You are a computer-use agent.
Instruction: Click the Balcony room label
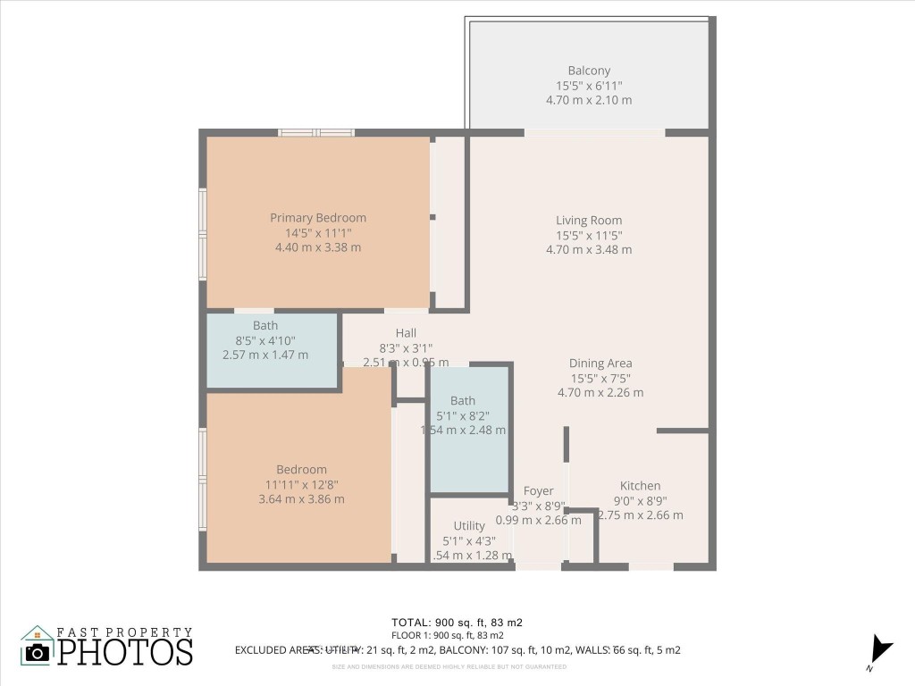pos(589,71)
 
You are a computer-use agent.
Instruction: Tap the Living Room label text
pos(589,220)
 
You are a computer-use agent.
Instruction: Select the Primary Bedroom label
pos(318,217)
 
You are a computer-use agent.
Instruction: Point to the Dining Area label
pos(600,363)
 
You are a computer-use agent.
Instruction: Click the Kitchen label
pos(640,485)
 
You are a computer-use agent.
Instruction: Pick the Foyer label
pos(538,490)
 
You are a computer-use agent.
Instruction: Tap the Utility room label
pos(469,525)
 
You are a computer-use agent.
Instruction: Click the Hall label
pos(407,333)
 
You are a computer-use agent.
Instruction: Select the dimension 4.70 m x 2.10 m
pos(589,100)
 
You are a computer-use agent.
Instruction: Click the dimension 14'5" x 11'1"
pos(318,232)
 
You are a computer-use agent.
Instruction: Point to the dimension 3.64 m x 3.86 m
pos(301,499)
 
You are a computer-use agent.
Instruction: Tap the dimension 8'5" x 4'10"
pos(265,340)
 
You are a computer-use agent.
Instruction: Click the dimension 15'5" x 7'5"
pos(600,378)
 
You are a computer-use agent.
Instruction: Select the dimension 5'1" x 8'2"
pos(463,415)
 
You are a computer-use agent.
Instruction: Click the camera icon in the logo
pos(38,651)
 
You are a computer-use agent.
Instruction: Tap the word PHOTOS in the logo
pos(125,651)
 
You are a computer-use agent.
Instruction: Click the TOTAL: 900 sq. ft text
pos(457,623)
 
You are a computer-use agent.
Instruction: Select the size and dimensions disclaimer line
pos(449,666)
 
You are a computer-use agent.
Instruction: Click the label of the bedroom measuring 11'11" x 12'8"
pos(301,469)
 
